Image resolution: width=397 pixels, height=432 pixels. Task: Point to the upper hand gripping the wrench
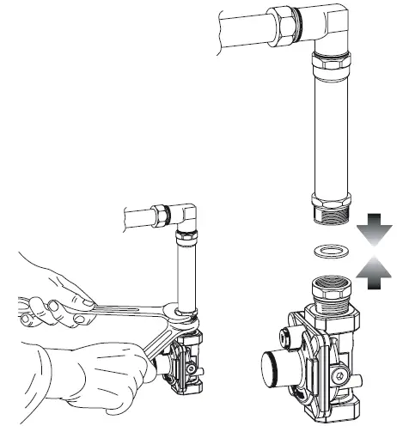click(52, 292)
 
